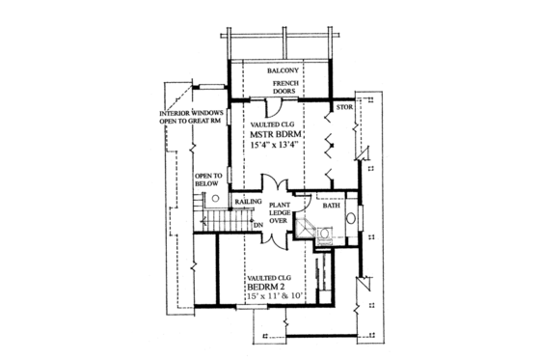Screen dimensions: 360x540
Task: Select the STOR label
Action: click(x=342, y=106)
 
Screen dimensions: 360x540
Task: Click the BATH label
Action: click(x=331, y=206)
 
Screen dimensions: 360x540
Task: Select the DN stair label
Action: click(x=257, y=225)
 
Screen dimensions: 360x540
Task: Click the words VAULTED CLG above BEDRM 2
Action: click(x=267, y=276)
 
